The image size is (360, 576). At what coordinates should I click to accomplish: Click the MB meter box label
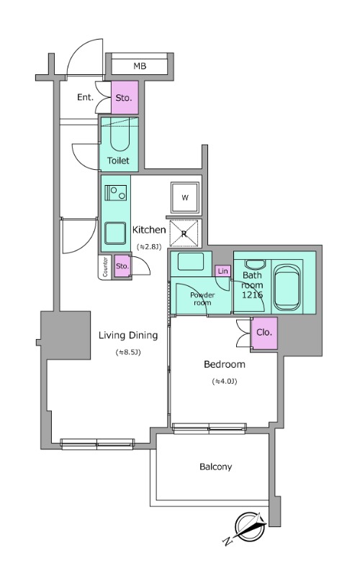coord(140,66)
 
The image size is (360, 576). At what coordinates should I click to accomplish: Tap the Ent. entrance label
coord(85,97)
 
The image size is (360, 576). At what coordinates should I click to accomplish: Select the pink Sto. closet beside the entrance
coord(125,97)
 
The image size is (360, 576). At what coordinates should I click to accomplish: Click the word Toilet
coord(118,161)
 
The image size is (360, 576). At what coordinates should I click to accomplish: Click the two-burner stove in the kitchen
coord(116,193)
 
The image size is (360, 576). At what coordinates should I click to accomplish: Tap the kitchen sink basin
coord(115,233)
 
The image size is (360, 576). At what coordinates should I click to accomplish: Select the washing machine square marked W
coord(185,197)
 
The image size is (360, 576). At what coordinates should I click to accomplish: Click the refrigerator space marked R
coord(184,233)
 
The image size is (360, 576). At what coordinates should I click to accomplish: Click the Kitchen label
coord(149,230)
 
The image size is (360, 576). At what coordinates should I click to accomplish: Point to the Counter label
coord(105,266)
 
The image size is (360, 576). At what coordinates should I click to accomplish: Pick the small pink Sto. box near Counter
coord(122,266)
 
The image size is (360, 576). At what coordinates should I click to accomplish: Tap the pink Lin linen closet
coord(223,271)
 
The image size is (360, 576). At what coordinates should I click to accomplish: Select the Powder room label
coord(202,299)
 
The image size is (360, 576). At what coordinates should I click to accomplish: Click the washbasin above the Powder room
coord(191,261)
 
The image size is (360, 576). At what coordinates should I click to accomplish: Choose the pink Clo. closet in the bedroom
coord(264,333)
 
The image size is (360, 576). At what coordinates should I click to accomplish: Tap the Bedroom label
coord(225,364)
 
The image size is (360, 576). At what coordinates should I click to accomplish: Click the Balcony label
coord(215,467)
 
